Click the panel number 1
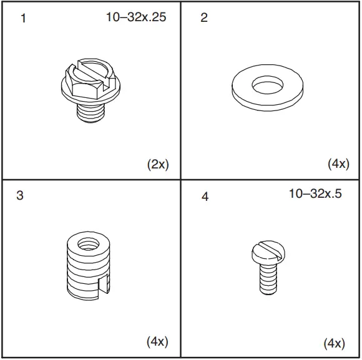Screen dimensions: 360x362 (x=24, y=18)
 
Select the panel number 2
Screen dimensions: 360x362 (x=203, y=18)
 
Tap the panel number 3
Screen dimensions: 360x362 (x=20, y=195)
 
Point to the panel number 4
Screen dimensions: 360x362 (x=205, y=197)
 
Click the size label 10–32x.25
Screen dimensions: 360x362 (x=135, y=17)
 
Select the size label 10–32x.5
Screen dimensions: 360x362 (x=315, y=193)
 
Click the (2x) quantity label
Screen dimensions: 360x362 (x=157, y=165)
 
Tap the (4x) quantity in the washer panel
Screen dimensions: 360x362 (x=338, y=164)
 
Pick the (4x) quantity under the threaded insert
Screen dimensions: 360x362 (x=157, y=341)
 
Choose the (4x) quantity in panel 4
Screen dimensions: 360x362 (x=334, y=343)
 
